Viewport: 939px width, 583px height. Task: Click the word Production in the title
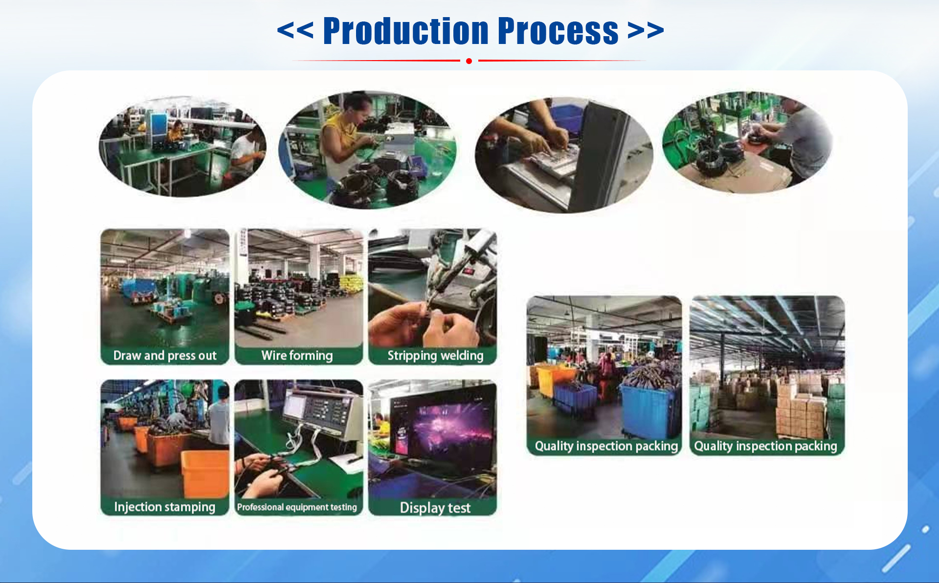(405, 31)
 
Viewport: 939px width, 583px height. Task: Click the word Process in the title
(558, 31)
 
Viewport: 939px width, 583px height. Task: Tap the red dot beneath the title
(469, 61)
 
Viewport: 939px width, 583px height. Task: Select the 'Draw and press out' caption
(165, 355)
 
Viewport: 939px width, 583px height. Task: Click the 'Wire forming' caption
(297, 355)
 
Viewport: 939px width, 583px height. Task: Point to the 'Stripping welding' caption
(435, 356)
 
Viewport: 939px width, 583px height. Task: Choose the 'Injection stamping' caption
(165, 507)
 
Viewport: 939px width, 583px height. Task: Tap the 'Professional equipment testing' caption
(297, 507)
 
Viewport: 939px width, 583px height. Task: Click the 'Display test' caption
(435, 508)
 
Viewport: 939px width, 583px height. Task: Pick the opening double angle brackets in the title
(295, 30)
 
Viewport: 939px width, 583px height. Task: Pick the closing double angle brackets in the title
(646, 30)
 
